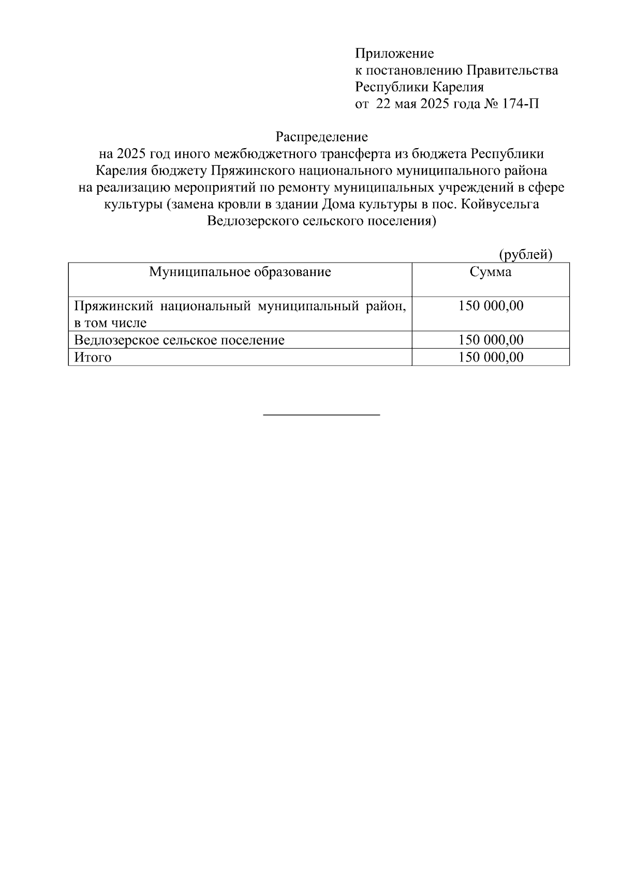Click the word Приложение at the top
coord(394,53)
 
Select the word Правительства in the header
coord(512,70)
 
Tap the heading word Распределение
coord(321,137)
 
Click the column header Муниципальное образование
coord(240,272)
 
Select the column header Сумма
coord(490,272)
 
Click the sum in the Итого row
coord(491,357)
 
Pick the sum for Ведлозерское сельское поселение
coord(491,340)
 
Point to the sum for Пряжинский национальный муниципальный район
coord(491,306)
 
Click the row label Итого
coord(93,357)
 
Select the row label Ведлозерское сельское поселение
coord(179,340)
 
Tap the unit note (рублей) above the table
coord(526,254)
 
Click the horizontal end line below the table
coord(321,414)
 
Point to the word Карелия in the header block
coord(459,87)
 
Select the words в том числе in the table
coord(110,323)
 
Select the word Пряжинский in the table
coord(113,306)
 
